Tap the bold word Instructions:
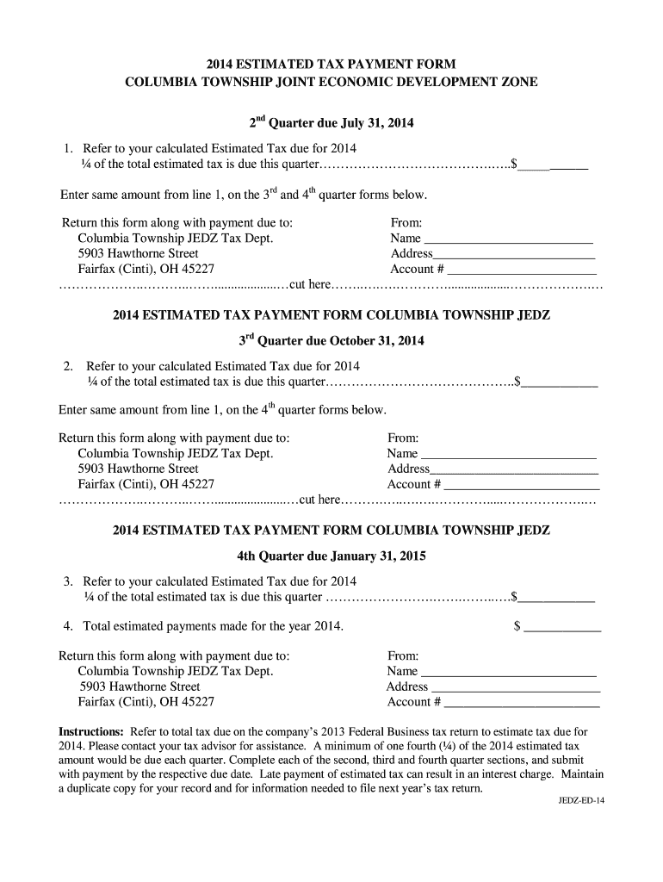(x=90, y=731)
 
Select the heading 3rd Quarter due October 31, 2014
(x=331, y=340)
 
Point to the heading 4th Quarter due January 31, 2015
(x=331, y=556)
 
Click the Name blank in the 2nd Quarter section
(x=509, y=239)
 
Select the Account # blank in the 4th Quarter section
(x=521, y=702)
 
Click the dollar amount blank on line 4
(x=563, y=627)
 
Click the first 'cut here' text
(x=311, y=284)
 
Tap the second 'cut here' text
(x=319, y=500)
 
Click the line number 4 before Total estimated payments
(x=67, y=626)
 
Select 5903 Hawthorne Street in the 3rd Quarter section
(x=138, y=469)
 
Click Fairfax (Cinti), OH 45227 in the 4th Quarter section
(x=146, y=702)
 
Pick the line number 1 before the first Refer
(x=67, y=148)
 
